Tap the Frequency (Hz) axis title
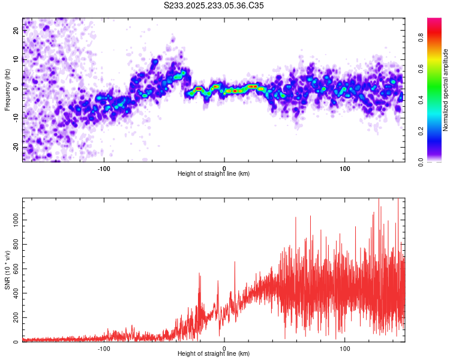coord(7,90)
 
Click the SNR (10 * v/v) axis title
coord(7,270)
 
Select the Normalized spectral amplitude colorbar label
coord(445,90)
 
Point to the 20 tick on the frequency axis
coord(16,31)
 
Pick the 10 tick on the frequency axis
coord(16,59)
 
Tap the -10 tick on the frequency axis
coord(16,118)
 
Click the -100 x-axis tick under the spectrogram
coord(104,168)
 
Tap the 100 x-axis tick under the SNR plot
coord(345,348)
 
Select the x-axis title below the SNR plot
coord(214,354)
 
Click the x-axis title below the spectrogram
coord(214,174)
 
